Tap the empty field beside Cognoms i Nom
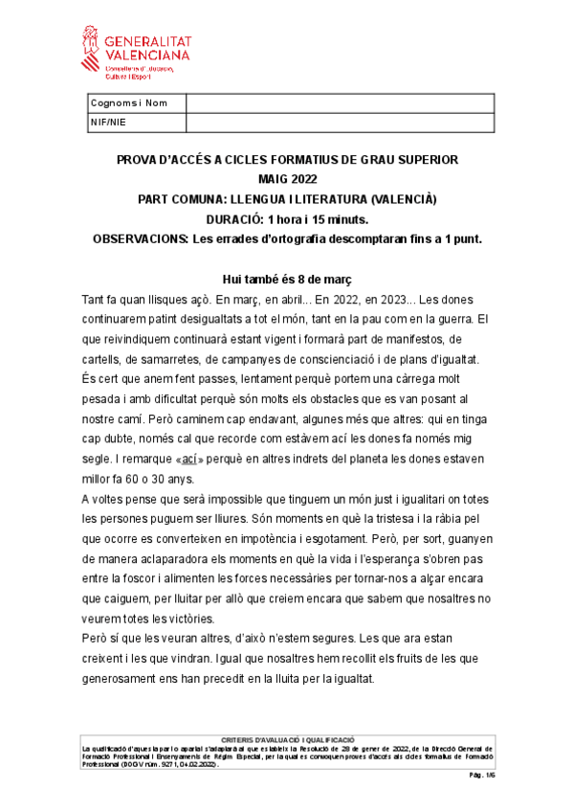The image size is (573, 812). tap(339, 103)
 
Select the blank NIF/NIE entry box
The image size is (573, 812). tap(339, 122)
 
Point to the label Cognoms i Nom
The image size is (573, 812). tap(128, 103)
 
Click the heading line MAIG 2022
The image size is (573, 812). tap(287, 179)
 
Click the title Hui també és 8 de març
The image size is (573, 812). tap(287, 279)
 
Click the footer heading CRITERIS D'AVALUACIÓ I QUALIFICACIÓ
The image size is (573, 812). tap(287, 739)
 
